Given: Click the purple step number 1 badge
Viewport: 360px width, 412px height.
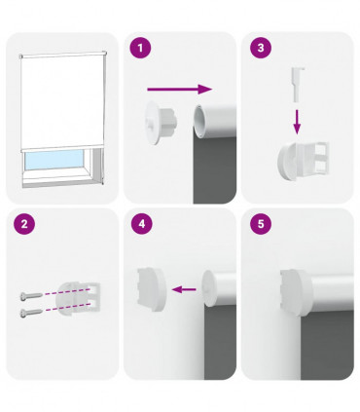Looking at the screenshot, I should (141, 48).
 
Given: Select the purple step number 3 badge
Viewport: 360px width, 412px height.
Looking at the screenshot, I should (258, 48).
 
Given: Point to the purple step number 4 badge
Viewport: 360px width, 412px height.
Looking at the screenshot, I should (141, 224).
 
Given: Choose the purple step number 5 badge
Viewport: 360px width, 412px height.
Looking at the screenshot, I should (258, 224).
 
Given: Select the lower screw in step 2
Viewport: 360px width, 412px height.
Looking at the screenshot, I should (32, 312).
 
